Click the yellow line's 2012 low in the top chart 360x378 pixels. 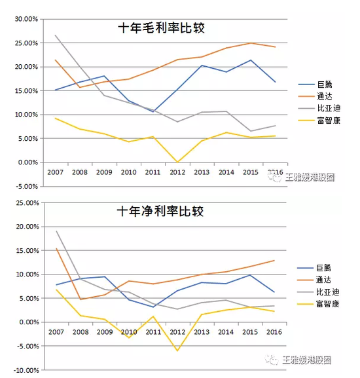178,162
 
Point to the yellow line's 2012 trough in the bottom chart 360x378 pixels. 178,350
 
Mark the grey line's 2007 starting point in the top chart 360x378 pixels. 56,35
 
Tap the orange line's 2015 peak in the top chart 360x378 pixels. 250,43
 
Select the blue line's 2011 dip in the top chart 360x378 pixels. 153,112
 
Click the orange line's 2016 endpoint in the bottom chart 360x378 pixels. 274,260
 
